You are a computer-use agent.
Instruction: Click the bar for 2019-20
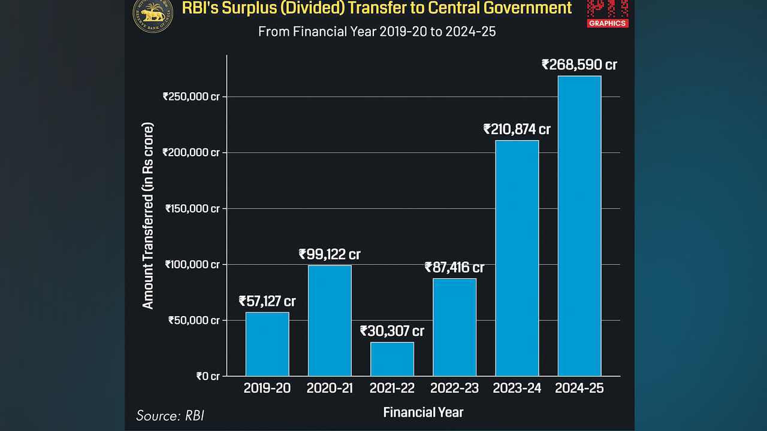(267, 344)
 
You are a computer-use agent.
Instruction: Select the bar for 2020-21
(330, 321)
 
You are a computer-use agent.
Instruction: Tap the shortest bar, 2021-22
(392, 359)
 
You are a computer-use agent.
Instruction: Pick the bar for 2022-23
(455, 327)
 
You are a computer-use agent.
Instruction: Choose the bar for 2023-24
(517, 258)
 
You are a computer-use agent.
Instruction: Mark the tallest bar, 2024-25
(579, 226)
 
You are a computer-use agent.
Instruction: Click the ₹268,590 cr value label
(579, 65)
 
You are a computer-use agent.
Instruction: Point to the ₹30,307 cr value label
(392, 331)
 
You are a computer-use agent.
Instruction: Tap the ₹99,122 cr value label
(330, 254)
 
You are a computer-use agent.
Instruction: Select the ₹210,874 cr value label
(517, 129)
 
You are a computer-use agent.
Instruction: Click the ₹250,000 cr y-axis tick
(191, 96)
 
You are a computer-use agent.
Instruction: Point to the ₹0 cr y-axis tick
(208, 376)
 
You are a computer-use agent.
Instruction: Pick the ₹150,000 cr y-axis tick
(191, 208)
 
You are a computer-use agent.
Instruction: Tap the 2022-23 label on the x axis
(455, 388)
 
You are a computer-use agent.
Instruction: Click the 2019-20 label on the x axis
(267, 388)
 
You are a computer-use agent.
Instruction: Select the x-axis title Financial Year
(423, 412)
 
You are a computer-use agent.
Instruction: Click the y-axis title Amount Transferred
(148, 215)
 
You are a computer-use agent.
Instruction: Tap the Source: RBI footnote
(170, 415)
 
